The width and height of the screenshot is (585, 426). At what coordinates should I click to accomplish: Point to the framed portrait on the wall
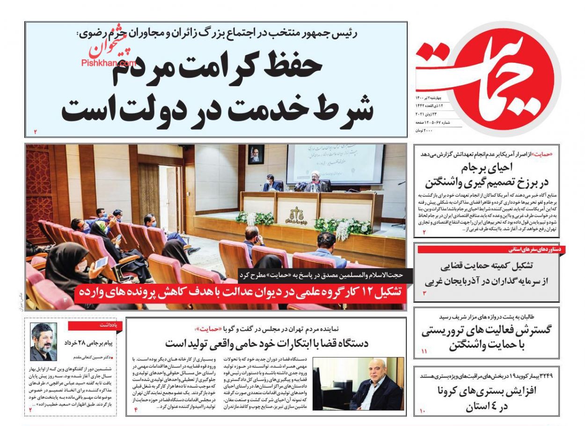[x=256, y=154]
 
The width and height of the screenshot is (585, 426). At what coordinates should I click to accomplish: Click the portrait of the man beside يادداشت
[x=44, y=342]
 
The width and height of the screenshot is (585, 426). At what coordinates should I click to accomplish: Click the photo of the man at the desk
[x=358, y=384]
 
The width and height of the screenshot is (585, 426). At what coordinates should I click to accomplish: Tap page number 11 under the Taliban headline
[x=424, y=351]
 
